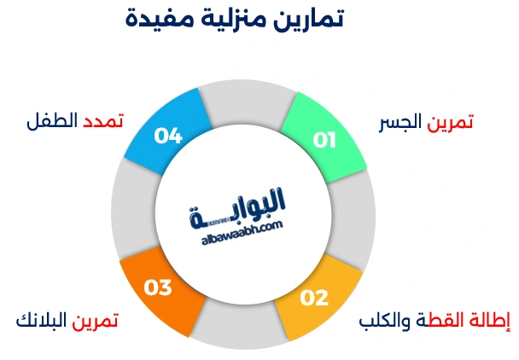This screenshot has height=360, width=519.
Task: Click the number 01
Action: pos(324,139)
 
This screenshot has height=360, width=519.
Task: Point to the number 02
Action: pos(314,298)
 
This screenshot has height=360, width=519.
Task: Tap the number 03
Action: pos(159,288)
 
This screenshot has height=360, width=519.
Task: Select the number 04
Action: pos(168,136)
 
